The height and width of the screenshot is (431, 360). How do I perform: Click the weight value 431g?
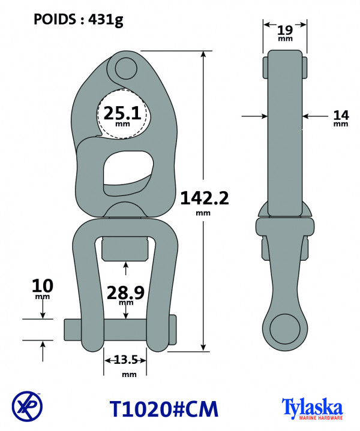tap(106, 20)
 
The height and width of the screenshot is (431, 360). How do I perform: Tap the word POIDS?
tap(55, 19)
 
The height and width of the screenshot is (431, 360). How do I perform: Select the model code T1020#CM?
tap(164, 409)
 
